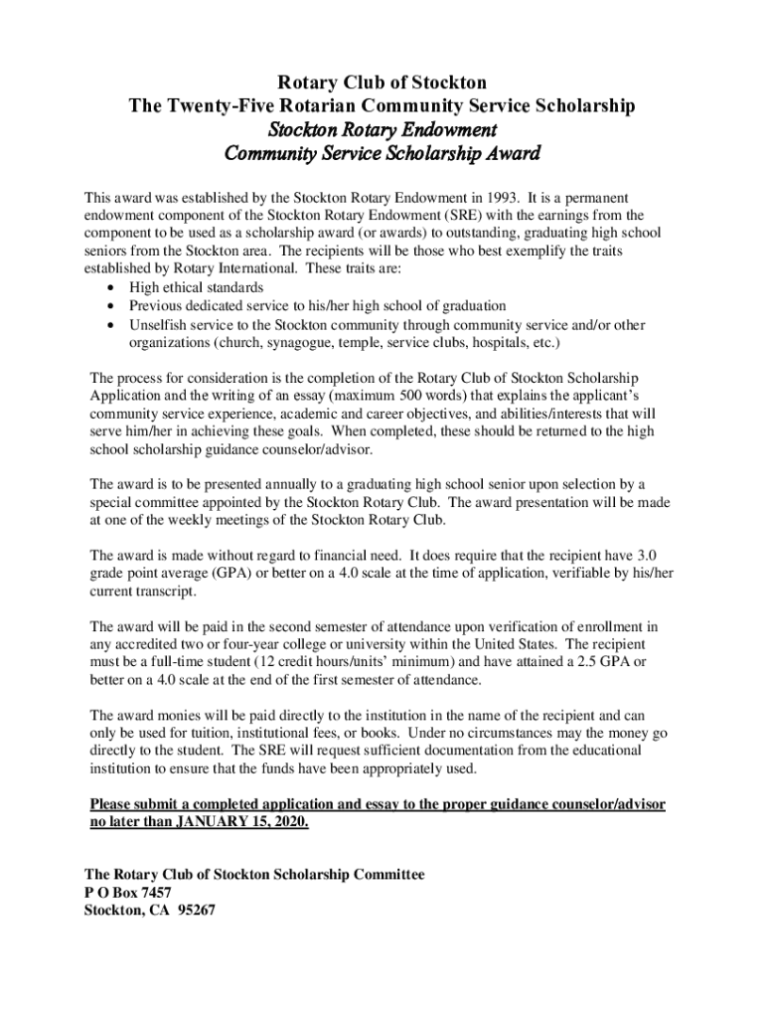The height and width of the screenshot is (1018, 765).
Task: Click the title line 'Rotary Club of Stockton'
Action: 382,82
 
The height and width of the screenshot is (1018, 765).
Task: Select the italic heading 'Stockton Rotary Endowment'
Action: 382,130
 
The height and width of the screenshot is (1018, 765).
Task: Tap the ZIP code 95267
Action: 196,910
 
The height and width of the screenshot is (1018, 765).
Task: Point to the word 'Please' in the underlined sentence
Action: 111,803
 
